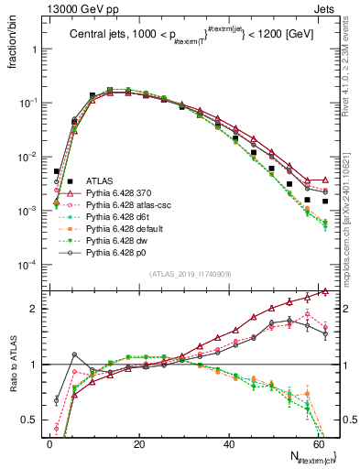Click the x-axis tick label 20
pyautogui.click(x=139, y=443)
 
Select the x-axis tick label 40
pyautogui.click(x=229, y=443)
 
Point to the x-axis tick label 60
pyautogui.click(x=319, y=443)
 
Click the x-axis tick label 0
pyautogui.click(x=49, y=443)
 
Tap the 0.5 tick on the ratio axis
pyautogui.click(x=33, y=420)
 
